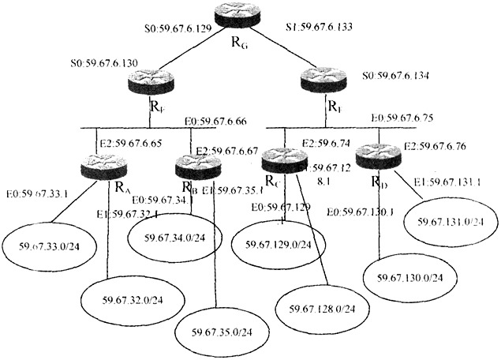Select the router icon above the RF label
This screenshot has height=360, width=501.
(149, 80)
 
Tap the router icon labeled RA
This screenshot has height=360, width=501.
(103, 167)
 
